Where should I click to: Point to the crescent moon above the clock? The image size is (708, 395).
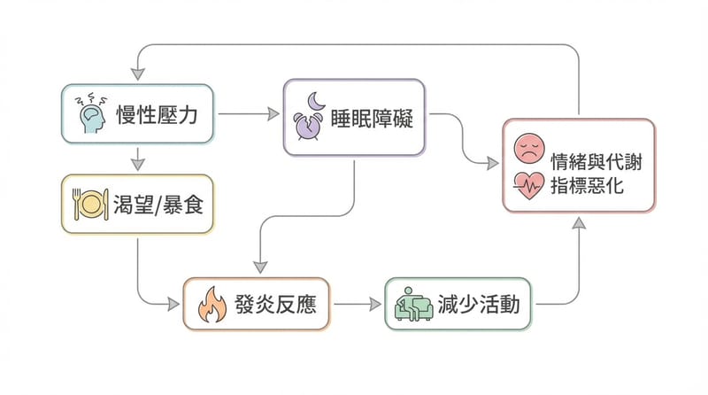(317, 98)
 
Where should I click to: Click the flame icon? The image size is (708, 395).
(212, 306)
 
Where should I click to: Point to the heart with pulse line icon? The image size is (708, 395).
(528, 185)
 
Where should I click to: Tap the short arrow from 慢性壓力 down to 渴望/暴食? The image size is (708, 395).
(137, 159)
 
